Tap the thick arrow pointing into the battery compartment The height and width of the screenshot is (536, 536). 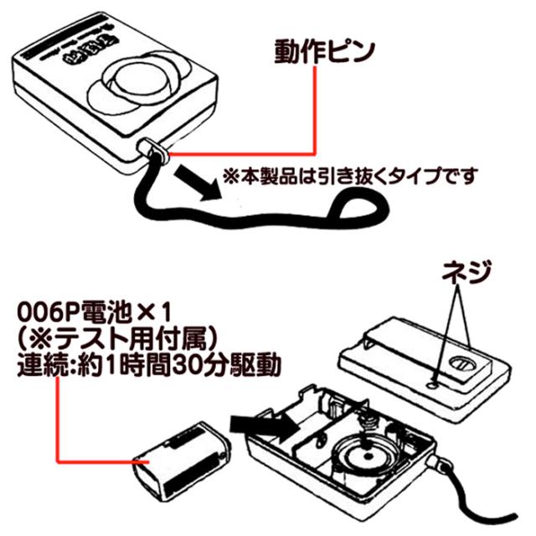click(x=265, y=424)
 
